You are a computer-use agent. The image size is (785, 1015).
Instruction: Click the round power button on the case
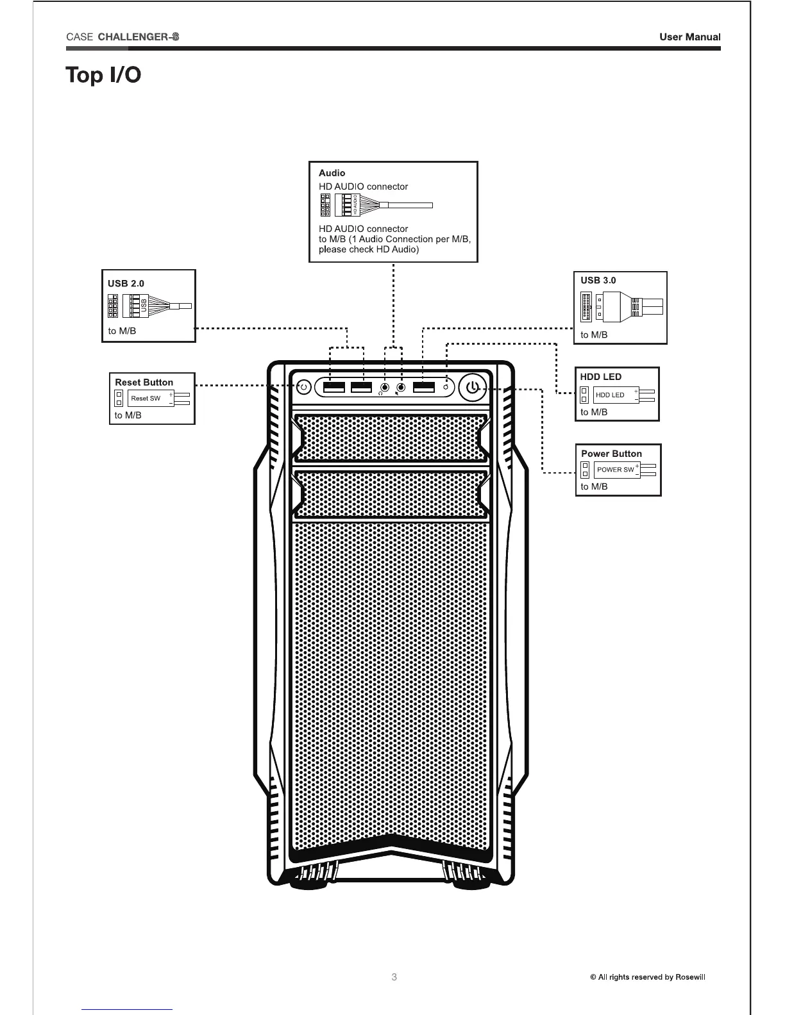click(472, 388)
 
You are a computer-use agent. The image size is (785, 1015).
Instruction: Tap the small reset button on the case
click(305, 387)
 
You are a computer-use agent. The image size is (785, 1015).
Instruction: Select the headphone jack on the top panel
click(384, 388)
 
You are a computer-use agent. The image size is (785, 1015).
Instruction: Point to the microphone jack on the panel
click(401, 388)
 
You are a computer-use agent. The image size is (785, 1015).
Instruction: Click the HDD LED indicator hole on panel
click(445, 388)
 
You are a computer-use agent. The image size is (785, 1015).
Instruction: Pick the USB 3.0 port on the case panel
click(424, 387)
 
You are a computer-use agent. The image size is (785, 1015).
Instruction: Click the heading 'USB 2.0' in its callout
click(126, 283)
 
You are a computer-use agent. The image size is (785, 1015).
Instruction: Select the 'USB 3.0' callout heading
click(598, 280)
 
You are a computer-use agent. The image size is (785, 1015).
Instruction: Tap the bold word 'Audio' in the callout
click(332, 173)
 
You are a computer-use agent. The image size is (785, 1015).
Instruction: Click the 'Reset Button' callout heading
click(144, 383)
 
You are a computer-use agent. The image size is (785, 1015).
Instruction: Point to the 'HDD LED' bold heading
click(600, 377)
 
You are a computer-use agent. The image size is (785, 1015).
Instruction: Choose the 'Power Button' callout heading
click(611, 454)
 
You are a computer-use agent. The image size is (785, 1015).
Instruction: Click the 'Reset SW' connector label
click(146, 399)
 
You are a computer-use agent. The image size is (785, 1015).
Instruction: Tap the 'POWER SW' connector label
click(615, 470)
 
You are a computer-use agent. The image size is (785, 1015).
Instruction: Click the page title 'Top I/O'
click(103, 75)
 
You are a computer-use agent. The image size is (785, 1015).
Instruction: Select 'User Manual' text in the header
click(689, 37)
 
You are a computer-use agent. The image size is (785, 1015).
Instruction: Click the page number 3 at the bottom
click(394, 977)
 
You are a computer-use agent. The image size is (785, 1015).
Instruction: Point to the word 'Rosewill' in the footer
click(690, 977)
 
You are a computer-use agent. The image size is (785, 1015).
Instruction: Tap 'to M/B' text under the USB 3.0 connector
click(594, 334)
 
